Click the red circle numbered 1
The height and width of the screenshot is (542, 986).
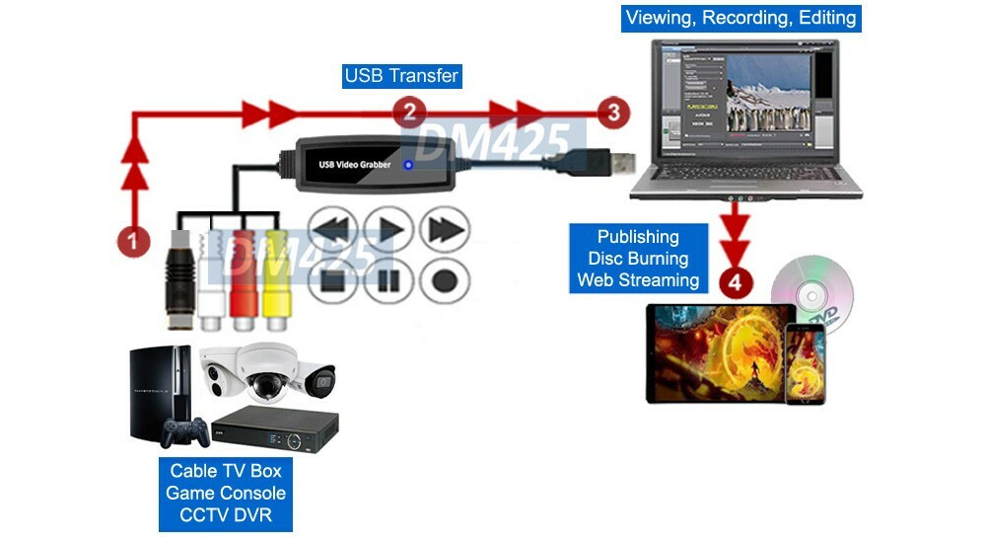click(x=133, y=240)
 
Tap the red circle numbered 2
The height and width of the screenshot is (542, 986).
click(x=409, y=112)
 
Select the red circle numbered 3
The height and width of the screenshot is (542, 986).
click(x=613, y=112)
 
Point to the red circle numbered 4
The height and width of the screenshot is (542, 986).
click(x=736, y=282)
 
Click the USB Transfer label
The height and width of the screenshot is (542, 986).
click(x=401, y=76)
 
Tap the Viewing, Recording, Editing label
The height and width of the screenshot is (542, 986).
click(x=741, y=18)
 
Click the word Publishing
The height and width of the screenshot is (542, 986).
click(x=638, y=237)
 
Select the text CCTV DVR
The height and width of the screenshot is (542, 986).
click(x=226, y=514)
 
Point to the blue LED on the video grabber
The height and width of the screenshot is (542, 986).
click(x=409, y=164)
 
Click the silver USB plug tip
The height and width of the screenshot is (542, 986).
click(x=620, y=160)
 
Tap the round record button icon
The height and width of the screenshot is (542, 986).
click(x=444, y=280)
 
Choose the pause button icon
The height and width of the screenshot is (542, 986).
click(x=387, y=280)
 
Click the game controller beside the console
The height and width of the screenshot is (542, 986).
click(x=184, y=430)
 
